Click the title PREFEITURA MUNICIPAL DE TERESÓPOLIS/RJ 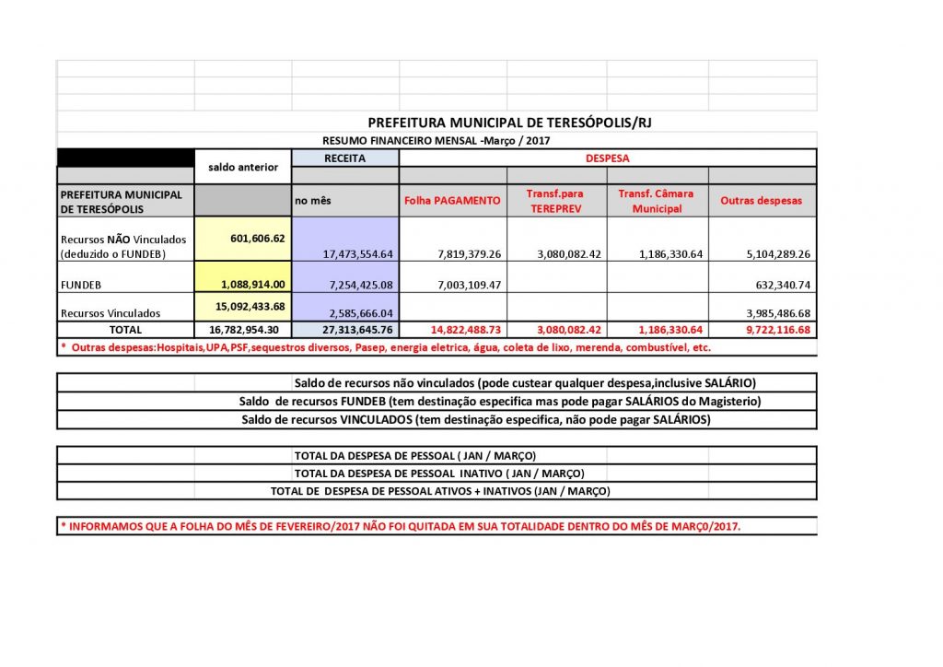click(x=509, y=122)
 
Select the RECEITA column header click(x=344, y=158)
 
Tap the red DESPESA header click(x=608, y=158)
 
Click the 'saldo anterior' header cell click(x=243, y=167)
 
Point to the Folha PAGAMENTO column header click(x=452, y=200)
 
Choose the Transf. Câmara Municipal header click(x=657, y=201)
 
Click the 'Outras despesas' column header click(x=761, y=200)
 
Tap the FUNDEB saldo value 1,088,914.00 click(x=244, y=285)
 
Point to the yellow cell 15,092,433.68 click(x=242, y=306)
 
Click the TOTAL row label click(x=125, y=329)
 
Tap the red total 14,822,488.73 click(x=453, y=330)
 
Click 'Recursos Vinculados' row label click(x=110, y=313)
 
